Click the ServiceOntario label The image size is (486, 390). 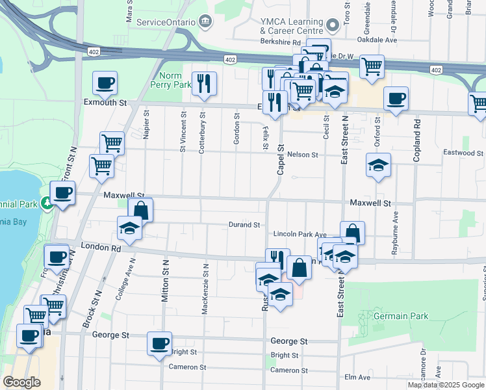click(166, 22)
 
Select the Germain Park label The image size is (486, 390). click(401, 316)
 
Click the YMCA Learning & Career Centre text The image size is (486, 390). click(291, 26)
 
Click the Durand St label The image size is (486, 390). click(244, 225)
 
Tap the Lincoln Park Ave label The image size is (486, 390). click(299, 234)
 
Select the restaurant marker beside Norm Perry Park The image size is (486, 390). click(205, 83)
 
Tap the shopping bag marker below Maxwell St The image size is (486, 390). click(140, 210)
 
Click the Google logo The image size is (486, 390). click(21, 382)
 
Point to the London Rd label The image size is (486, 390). click(103, 248)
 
